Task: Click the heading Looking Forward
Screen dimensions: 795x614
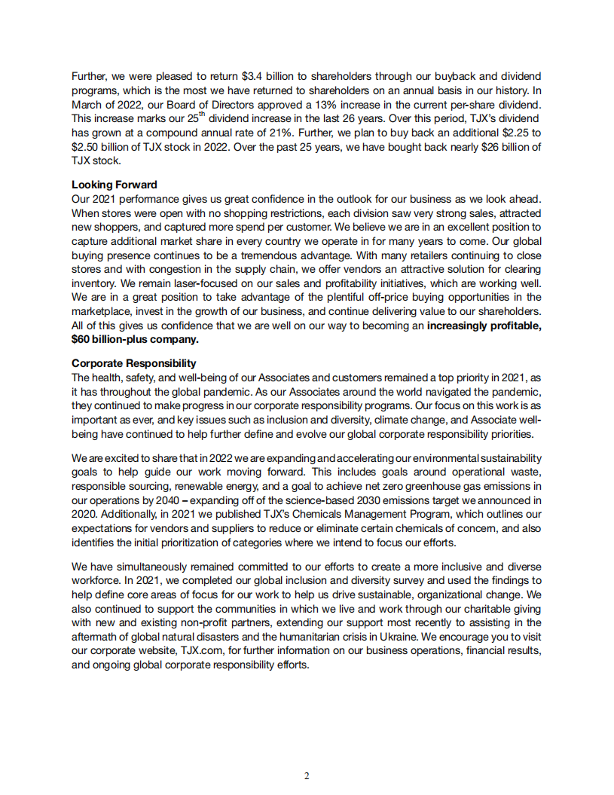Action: tap(114, 184)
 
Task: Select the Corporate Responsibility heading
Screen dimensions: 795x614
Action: tap(133, 362)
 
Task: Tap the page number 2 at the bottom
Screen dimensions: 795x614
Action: tap(307, 776)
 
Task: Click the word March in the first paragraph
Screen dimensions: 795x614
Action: tap(88, 105)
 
